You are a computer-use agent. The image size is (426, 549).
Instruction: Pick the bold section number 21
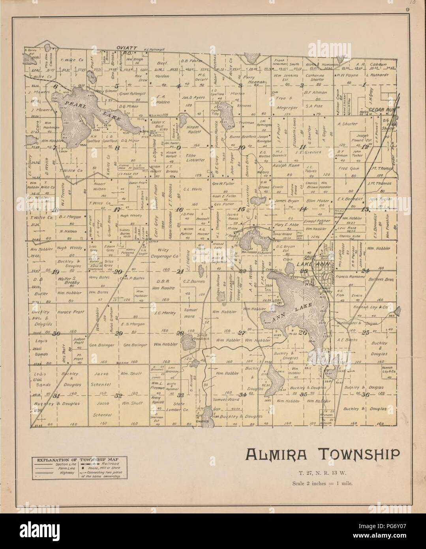coord(180,271)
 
